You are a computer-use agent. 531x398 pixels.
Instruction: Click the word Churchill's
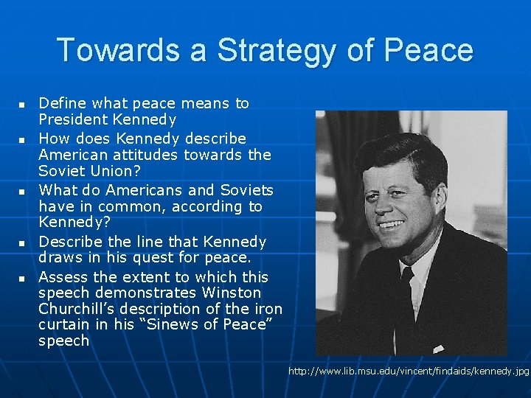click(x=76, y=309)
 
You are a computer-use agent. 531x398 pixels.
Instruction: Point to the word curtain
click(x=63, y=325)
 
